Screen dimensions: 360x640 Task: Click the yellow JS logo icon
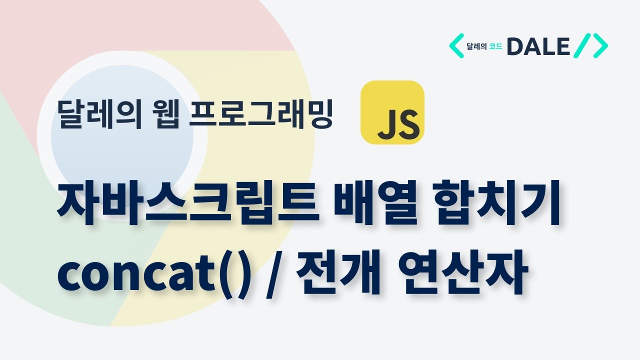click(x=392, y=112)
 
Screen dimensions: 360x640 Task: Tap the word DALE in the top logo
click(x=538, y=46)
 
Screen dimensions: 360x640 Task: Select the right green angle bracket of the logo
click(x=599, y=46)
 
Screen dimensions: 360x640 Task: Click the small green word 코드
click(x=496, y=47)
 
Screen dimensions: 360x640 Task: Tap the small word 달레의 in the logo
click(x=476, y=47)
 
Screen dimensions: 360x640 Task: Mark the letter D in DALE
click(x=515, y=46)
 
